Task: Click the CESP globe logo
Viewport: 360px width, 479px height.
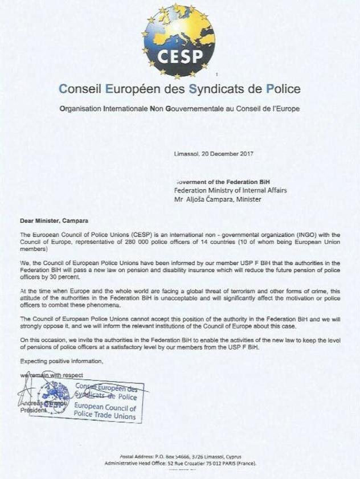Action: click(x=178, y=40)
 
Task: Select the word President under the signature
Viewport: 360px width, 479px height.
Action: click(x=32, y=410)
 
